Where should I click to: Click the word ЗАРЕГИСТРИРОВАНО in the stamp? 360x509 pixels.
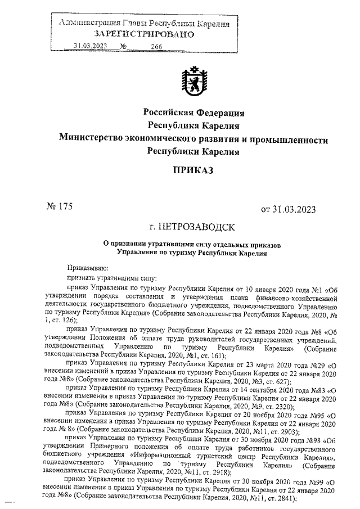145,34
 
